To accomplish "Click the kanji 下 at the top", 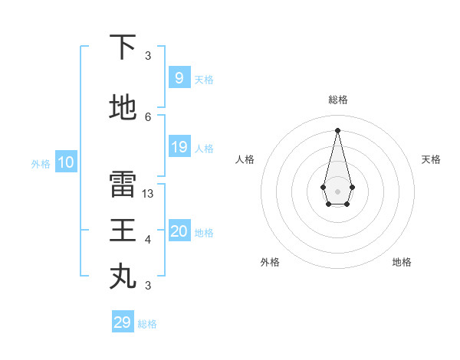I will click(123, 47).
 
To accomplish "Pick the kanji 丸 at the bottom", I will click(123, 275).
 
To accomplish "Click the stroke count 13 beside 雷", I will click(148, 194).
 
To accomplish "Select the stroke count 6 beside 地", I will click(148, 117).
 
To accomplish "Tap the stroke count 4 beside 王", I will click(148, 240).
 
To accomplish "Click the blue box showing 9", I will click(179, 78).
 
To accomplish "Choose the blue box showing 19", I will click(179, 147).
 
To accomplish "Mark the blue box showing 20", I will click(179, 231).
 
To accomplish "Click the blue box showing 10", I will click(66, 162).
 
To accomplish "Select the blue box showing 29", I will click(122, 322).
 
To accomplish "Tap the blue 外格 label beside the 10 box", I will click(41, 163).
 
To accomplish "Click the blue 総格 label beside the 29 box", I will click(147, 324).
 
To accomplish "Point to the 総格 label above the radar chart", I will click(338, 100).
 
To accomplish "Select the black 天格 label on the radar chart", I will click(431, 159).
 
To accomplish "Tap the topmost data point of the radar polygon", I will click(337, 130).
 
